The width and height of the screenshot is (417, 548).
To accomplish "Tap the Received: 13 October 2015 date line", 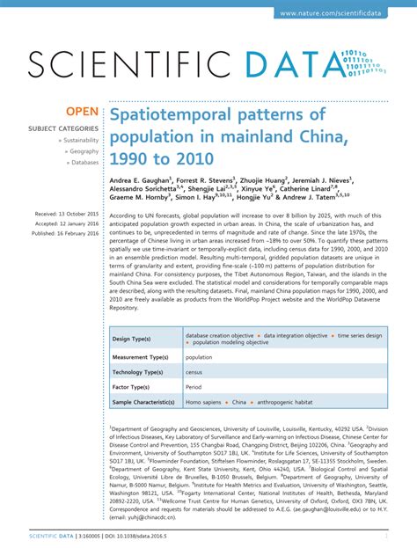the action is click(x=67, y=214).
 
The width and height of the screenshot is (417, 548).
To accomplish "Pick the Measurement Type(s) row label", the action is click(x=141, y=358).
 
